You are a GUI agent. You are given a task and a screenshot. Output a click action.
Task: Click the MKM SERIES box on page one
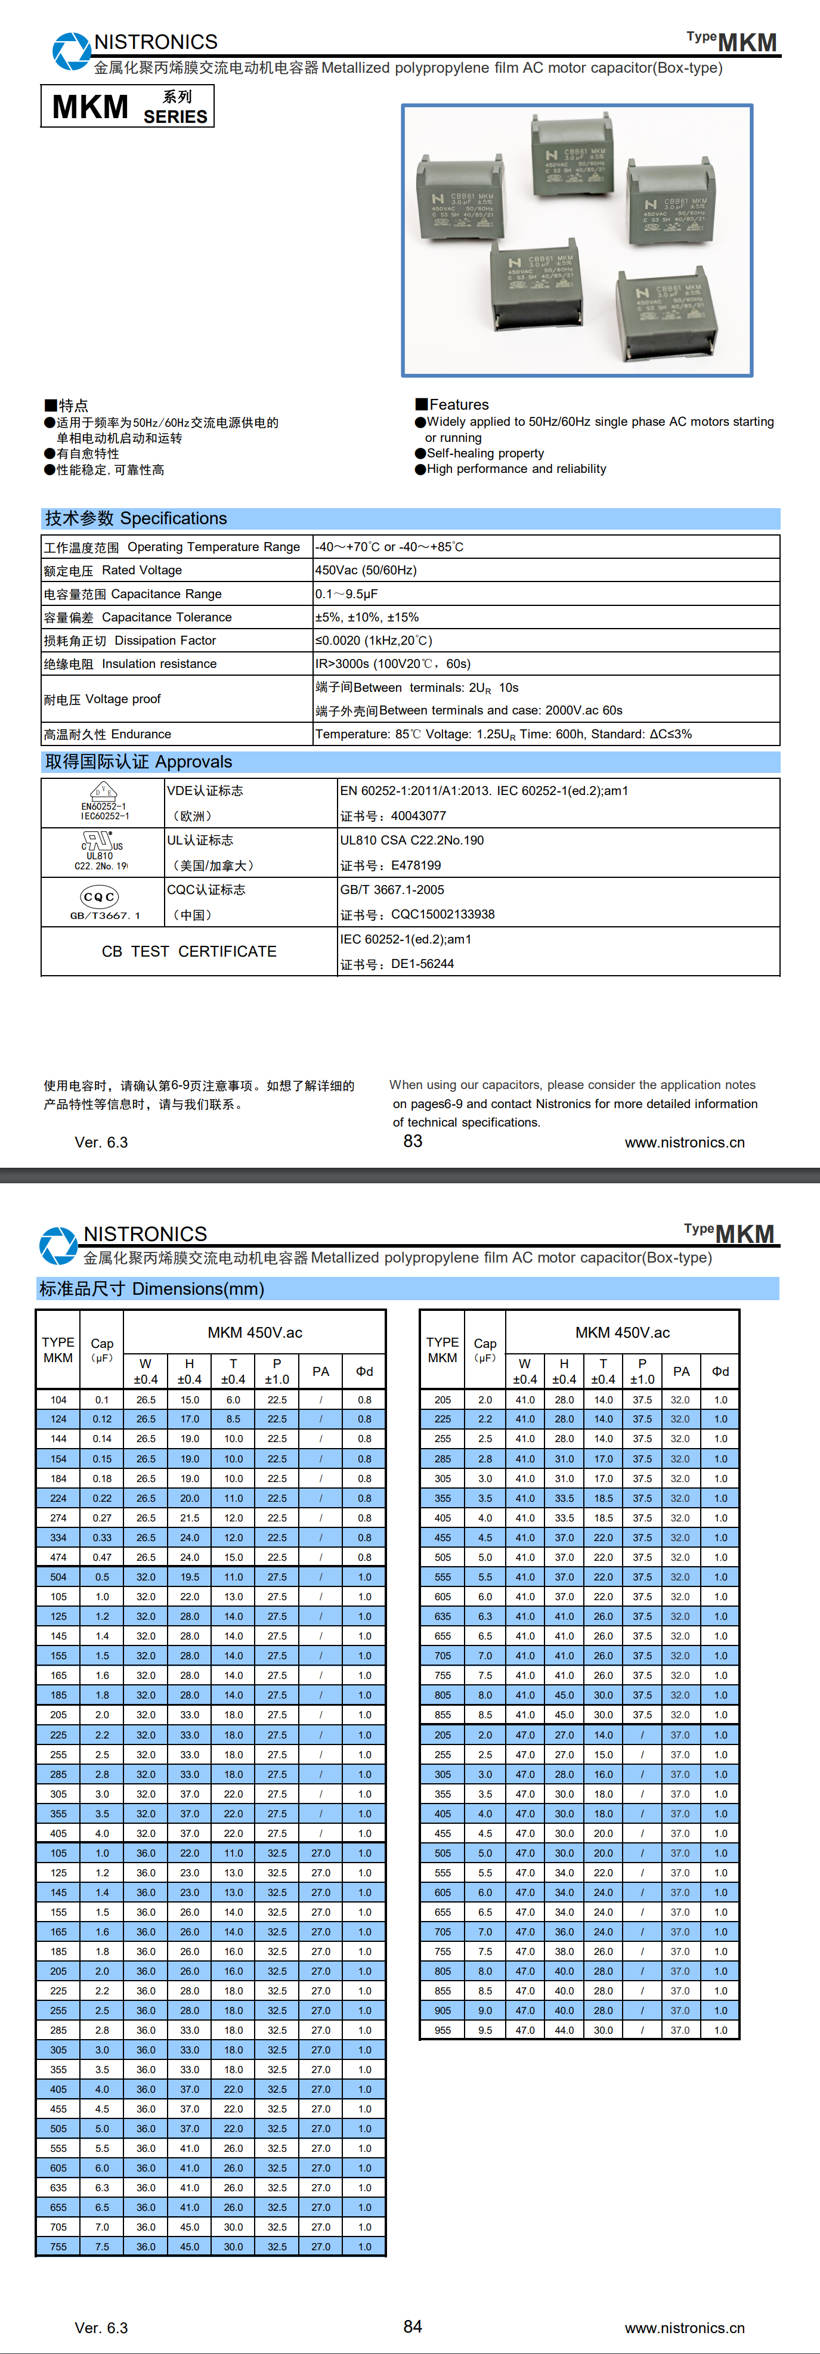(x=127, y=106)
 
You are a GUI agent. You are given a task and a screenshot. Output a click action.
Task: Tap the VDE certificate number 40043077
(x=418, y=816)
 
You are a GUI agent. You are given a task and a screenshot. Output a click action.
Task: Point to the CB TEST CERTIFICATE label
(x=188, y=951)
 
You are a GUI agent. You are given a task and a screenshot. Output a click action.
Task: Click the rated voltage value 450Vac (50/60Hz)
(x=366, y=570)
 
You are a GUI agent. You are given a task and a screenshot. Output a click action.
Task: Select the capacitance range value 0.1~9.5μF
(x=346, y=594)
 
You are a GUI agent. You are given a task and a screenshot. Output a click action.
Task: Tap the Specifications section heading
(x=136, y=518)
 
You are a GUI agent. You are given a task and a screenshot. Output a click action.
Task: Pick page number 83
(x=413, y=1140)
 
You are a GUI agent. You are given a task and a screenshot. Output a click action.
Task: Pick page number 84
(x=413, y=2326)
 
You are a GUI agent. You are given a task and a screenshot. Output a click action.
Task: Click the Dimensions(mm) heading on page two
(x=151, y=1288)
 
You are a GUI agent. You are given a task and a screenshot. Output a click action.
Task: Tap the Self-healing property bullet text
(x=484, y=453)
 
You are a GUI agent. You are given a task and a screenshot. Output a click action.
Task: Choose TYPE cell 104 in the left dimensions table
(x=58, y=1400)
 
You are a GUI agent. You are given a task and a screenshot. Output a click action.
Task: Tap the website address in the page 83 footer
(x=684, y=1142)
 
